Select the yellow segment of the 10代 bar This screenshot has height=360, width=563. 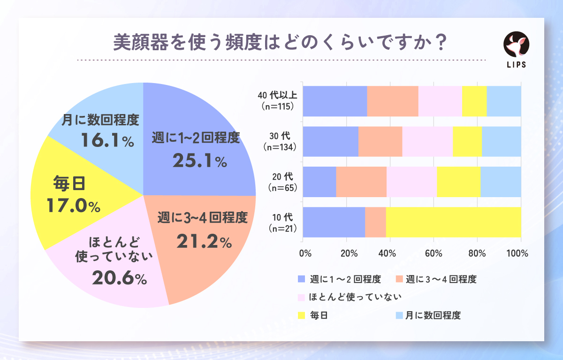tap(453, 222)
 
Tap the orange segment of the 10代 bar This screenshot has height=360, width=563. tap(375, 222)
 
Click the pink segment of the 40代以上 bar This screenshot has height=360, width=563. tap(440, 101)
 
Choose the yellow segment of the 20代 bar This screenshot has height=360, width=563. tap(458, 182)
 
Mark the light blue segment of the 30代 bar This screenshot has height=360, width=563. tap(501, 141)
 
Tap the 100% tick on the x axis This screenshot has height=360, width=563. tap(517, 253)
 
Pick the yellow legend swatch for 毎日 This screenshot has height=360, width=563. tap(302, 315)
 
